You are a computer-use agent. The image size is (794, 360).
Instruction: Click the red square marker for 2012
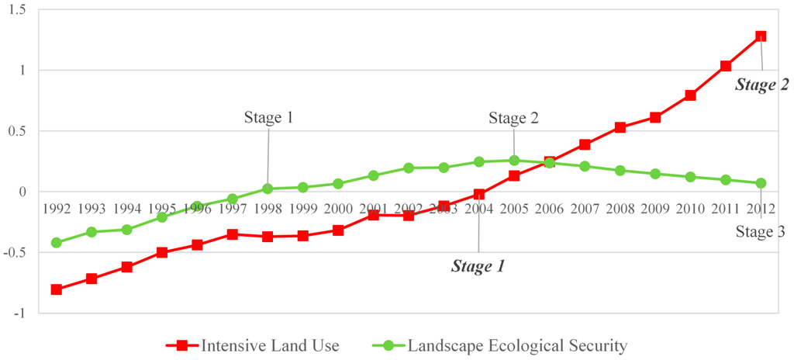[761, 36]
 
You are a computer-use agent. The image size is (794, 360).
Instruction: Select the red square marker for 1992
[56, 289]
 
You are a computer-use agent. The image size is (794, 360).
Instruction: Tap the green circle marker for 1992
[56, 243]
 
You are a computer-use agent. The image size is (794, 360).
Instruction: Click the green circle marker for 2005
[514, 161]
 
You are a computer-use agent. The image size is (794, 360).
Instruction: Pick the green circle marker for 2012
[761, 183]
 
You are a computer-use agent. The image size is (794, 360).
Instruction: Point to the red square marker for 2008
[620, 127]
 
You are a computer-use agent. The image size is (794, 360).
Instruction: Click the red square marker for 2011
[726, 66]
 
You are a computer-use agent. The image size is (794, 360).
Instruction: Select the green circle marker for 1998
[268, 189]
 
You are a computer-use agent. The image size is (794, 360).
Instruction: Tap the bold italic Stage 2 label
[755, 85]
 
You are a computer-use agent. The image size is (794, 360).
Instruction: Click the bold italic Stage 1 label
[478, 267]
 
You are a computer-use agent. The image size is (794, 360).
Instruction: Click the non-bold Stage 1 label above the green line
[268, 118]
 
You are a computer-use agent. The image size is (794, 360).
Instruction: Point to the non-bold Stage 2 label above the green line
[513, 118]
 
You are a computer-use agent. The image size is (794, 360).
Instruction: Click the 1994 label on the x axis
[126, 209]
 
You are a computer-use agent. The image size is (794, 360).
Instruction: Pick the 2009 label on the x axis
[655, 209]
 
